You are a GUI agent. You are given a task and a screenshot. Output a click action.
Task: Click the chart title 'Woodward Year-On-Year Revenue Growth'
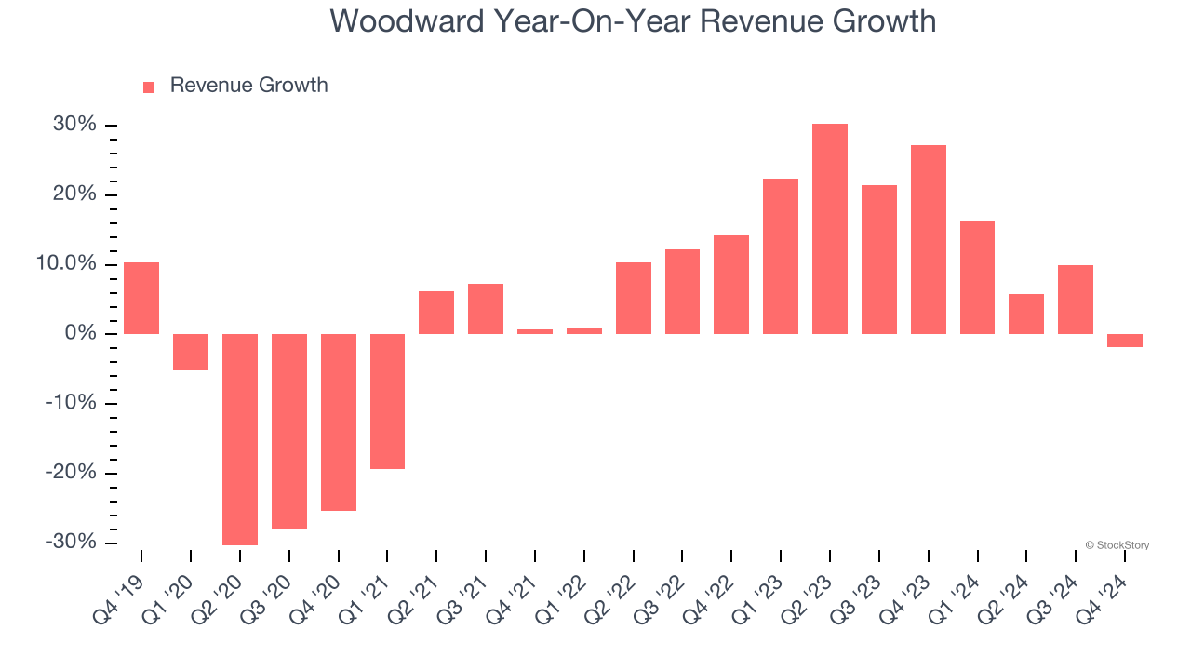tap(633, 21)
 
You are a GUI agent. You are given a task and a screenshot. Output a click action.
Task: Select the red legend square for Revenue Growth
tap(149, 87)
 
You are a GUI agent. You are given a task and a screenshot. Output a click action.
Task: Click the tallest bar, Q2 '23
tap(830, 229)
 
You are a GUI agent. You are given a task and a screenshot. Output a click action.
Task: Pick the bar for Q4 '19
tap(141, 298)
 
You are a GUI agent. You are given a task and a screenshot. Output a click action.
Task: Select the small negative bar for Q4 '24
tap(1125, 341)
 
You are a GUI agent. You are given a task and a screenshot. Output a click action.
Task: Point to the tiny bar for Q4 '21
tap(535, 331)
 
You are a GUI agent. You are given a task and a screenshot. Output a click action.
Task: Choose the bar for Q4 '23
tap(929, 239)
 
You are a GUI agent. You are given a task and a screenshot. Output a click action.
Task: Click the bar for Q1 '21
tap(387, 401)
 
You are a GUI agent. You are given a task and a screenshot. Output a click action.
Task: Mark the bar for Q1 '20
tap(191, 352)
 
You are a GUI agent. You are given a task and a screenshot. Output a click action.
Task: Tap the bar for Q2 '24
tap(1026, 314)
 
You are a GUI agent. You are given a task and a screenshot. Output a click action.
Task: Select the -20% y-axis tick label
tap(70, 473)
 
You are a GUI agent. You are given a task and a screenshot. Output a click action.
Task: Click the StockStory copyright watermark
tap(1117, 545)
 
